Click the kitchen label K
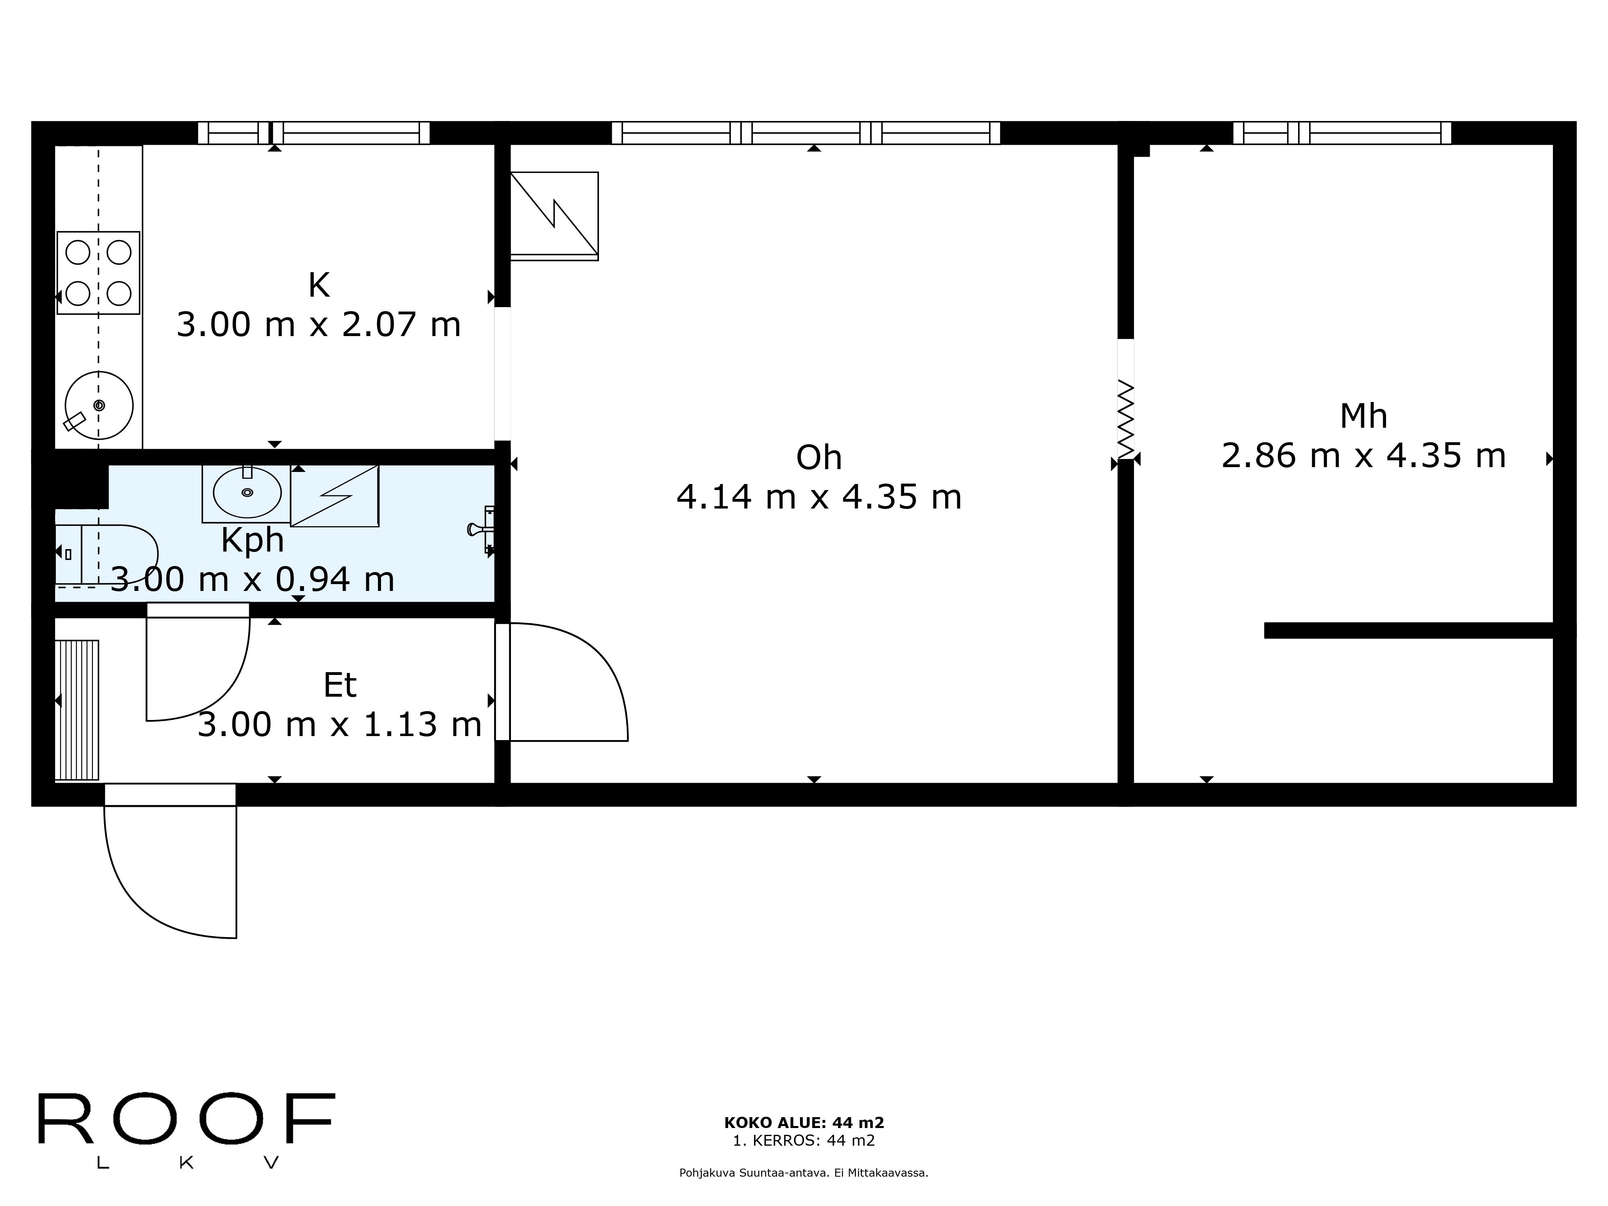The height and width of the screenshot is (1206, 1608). click(x=318, y=286)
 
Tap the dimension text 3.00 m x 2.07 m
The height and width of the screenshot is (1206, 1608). click(x=318, y=325)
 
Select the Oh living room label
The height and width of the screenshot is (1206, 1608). click(x=818, y=458)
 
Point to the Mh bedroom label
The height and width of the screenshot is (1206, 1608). click(x=1363, y=416)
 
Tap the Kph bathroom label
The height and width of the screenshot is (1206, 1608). click(x=252, y=540)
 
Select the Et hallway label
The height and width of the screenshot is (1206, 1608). click(x=339, y=685)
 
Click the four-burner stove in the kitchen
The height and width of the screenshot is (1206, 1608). click(x=98, y=273)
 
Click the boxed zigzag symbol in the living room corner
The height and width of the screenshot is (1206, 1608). click(x=554, y=216)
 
